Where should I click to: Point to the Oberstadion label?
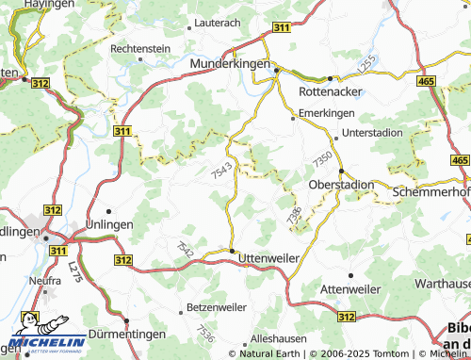pyautogui.click(x=342, y=185)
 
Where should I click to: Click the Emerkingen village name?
pyautogui.click(x=324, y=113)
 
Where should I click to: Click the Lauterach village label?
pyautogui.click(x=217, y=21)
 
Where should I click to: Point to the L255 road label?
pyautogui.click(x=366, y=65)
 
